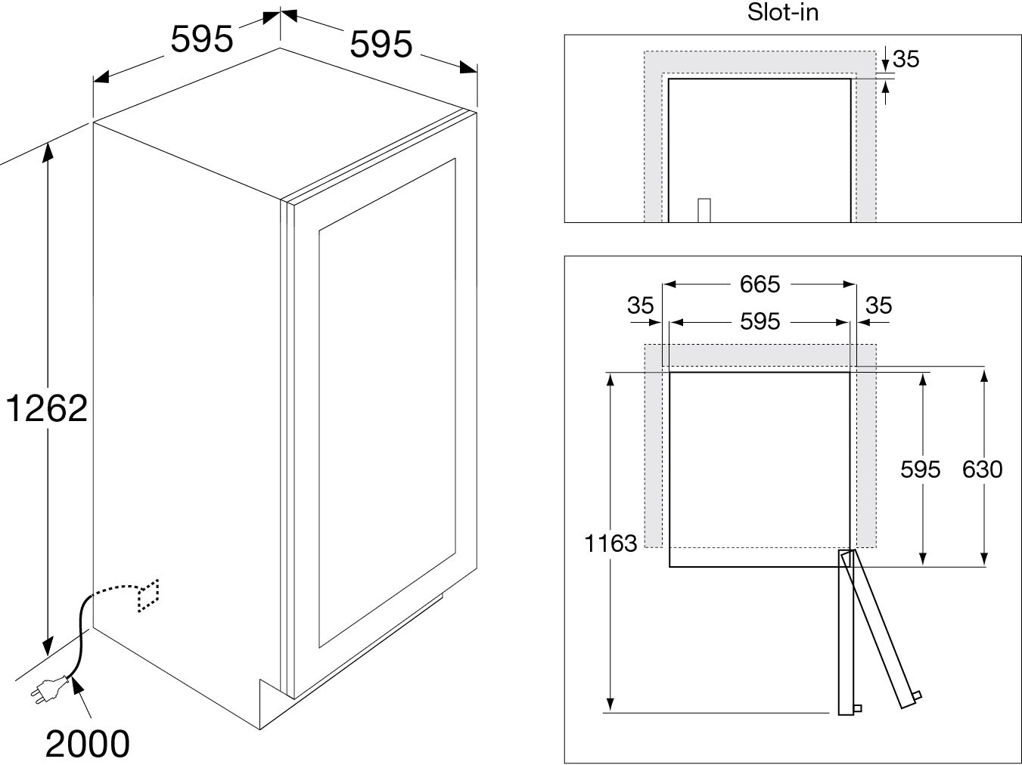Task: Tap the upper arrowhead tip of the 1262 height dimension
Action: [x=48, y=144]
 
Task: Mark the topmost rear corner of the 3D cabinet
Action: [x=280, y=48]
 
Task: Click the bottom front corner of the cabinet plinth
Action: [x=259, y=729]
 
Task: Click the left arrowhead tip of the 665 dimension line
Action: [x=663, y=284]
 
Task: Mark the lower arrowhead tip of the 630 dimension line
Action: [x=984, y=565]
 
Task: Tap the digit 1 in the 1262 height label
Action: [x=13, y=408]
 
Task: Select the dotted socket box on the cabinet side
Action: [x=148, y=596]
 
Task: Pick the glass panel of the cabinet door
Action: [x=387, y=402]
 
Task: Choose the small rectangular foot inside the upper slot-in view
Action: [x=704, y=210]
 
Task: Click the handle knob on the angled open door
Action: [x=917, y=696]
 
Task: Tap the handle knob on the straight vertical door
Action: [x=858, y=708]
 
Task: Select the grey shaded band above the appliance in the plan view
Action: [x=760, y=356]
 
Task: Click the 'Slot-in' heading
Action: [x=783, y=12]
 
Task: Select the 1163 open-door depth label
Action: [x=610, y=544]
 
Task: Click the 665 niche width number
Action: [x=760, y=284]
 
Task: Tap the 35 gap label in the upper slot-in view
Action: [x=906, y=59]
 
